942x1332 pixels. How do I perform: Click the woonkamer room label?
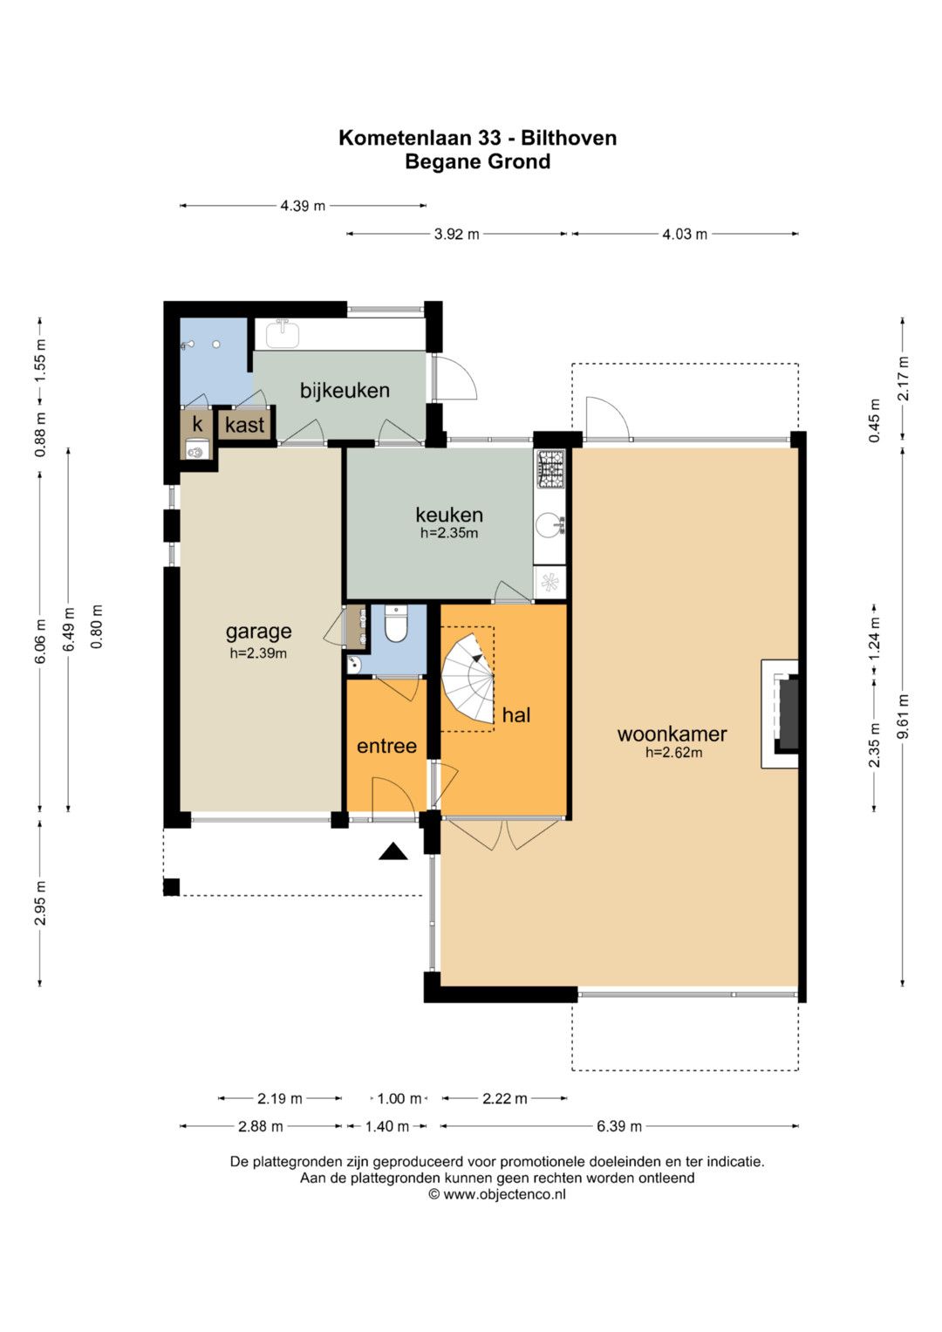click(x=672, y=734)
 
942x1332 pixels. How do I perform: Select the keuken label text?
click(x=449, y=515)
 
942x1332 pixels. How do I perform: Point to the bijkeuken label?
click(x=345, y=391)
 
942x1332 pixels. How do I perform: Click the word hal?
click(x=516, y=714)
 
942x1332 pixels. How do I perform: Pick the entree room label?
click(x=386, y=747)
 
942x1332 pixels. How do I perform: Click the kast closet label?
click(x=244, y=425)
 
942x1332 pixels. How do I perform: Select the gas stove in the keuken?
click(x=550, y=468)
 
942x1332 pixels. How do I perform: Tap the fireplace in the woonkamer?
click(x=781, y=714)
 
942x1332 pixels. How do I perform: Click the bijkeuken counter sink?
click(x=283, y=333)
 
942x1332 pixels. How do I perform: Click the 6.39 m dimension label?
click(x=619, y=1126)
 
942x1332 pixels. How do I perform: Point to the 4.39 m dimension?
click(x=303, y=206)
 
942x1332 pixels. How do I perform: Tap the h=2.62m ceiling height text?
click(x=673, y=752)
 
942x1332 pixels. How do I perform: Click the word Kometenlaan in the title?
click(x=405, y=138)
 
